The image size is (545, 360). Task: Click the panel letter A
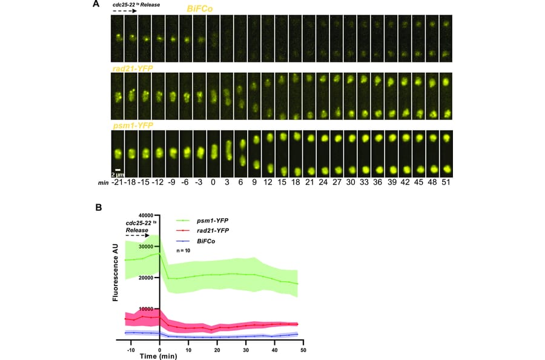(x=96, y=5)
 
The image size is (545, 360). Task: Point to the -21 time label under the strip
(x=117, y=182)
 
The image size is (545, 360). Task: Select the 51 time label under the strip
(x=446, y=182)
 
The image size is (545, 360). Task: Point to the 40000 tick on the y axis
(x=145, y=215)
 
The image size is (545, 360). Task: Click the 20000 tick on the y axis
(x=145, y=278)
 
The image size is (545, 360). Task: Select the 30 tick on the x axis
(x=246, y=349)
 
